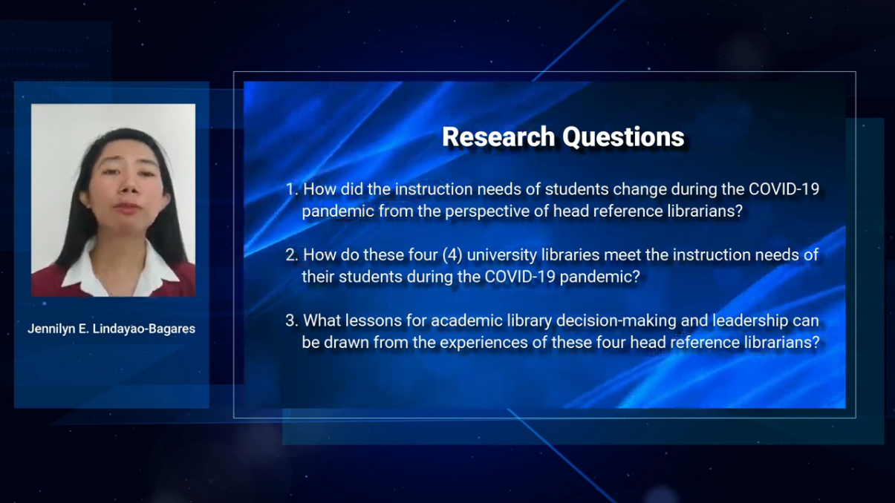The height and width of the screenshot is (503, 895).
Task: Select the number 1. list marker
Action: coord(292,190)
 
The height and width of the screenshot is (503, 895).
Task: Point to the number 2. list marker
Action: coord(292,255)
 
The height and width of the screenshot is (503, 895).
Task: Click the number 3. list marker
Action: coord(292,321)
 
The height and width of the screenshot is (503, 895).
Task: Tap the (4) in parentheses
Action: coord(452,255)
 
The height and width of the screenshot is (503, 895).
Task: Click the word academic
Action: coord(461,321)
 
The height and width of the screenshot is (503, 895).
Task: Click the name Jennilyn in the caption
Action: coord(53,329)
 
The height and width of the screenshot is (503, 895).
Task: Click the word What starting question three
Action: coord(322,321)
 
